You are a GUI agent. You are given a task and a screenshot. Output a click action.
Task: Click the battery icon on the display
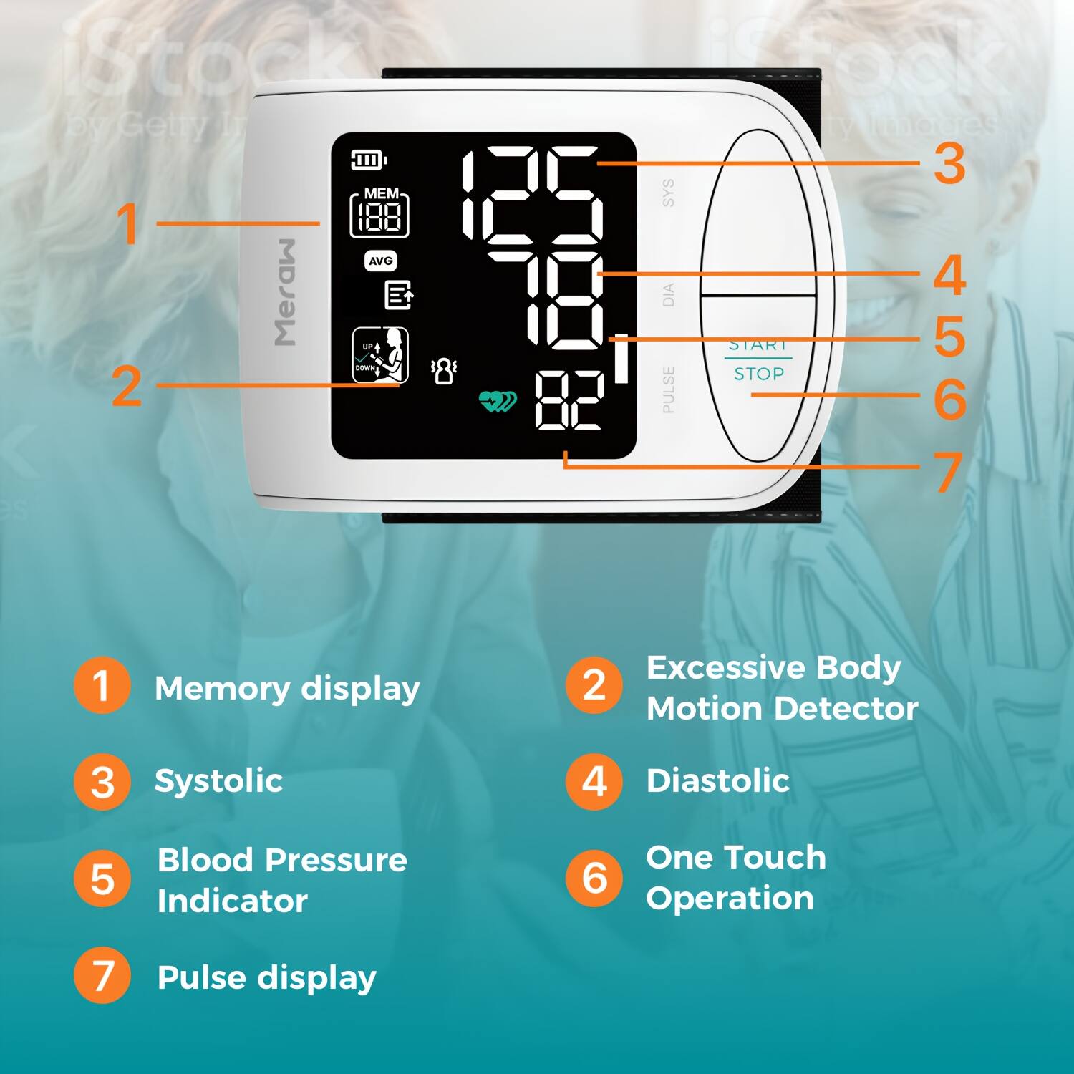[x=368, y=160]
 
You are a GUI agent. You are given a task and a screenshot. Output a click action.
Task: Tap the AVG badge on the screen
[x=380, y=261]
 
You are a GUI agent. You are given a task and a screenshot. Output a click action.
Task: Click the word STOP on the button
[x=759, y=374]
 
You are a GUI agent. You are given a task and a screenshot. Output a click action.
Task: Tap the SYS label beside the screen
[x=668, y=193]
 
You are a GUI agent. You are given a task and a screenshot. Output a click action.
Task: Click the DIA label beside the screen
[x=668, y=294]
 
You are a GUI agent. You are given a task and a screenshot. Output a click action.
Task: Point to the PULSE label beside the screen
[x=668, y=390]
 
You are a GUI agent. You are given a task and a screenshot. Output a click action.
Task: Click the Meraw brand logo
[x=286, y=292]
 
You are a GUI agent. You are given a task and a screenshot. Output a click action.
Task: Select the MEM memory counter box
[x=379, y=213]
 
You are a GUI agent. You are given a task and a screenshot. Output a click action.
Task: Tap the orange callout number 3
[x=950, y=164]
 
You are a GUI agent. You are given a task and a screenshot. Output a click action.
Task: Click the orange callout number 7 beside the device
[x=949, y=472]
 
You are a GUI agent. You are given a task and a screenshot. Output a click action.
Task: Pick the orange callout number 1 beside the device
[x=127, y=224]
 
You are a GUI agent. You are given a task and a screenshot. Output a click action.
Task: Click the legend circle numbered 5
[x=102, y=879]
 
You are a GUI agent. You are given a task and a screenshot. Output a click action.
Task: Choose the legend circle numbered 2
[x=594, y=685]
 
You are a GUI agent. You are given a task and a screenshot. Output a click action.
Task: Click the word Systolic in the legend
[x=218, y=780]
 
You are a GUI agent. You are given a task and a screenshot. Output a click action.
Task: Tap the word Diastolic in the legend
[x=718, y=780]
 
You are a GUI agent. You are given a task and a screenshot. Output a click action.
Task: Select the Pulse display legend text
[x=266, y=978]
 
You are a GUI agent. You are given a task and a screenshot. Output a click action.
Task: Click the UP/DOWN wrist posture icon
[x=380, y=356]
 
